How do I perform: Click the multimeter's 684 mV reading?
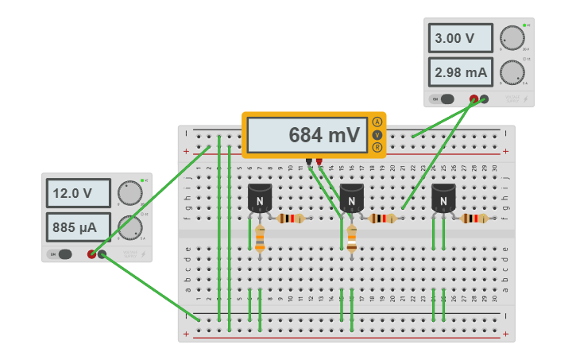[306, 135]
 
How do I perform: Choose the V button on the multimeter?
[377, 134]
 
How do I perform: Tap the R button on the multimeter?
[377, 147]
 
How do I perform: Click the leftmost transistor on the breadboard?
[260, 199]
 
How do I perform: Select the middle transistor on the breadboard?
[351, 199]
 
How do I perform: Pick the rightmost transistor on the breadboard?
[443, 199]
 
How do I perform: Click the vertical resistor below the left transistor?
[260, 238]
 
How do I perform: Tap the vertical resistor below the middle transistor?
[352, 238]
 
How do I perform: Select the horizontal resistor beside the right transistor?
[475, 219]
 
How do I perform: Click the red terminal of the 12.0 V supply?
[92, 254]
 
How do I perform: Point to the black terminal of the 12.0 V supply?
[102, 254]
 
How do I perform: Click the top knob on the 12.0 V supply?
[130, 192]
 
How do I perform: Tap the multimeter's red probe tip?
[319, 162]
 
